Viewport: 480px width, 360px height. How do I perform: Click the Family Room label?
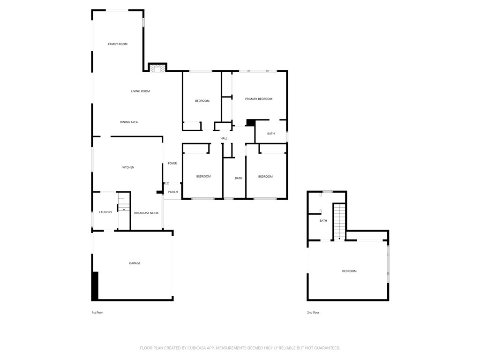(118, 44)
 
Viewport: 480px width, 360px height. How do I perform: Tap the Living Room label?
(140, 91)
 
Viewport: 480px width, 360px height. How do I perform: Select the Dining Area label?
(128, 122)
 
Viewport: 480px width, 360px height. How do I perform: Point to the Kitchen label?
(128, 167)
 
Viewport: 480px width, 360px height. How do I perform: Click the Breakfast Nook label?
(146, 213)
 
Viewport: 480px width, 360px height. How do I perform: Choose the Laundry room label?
(105, 212)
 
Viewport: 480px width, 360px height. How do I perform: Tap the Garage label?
(135, 263)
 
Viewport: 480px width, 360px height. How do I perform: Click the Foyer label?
(172, 164)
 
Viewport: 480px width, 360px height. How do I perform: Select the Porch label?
(173, 192)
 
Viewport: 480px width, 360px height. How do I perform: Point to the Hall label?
(224, 138)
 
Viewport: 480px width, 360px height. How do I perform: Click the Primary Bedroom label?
(259, 99)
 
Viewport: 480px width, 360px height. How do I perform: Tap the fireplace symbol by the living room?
(157, 67)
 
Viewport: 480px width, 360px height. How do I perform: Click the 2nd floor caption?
(313, 313)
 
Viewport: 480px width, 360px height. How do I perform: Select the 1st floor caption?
(97, 313)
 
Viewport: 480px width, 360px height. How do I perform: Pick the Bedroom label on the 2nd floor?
(349, 271)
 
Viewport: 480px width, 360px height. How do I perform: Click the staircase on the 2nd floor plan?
(339, 222)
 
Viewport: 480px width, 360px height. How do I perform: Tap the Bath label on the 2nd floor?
(323, 221)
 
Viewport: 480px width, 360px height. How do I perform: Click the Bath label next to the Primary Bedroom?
(271, 134)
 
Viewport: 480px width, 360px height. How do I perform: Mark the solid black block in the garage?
(95, 286)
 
